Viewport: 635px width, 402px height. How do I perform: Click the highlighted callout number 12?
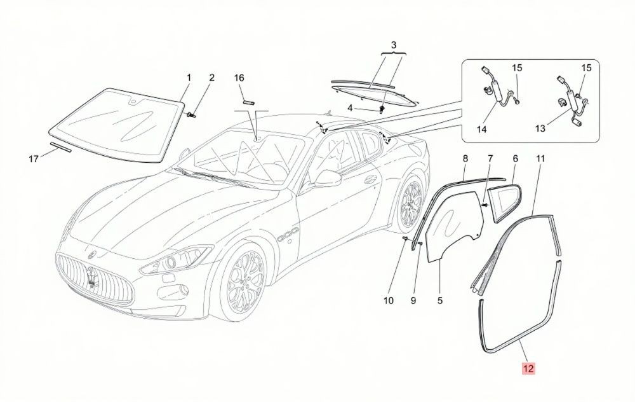[528, 369]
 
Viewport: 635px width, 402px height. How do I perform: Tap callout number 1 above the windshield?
[189, 77]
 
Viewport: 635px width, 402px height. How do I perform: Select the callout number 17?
[34, 159]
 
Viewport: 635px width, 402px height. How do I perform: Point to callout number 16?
[239, 78]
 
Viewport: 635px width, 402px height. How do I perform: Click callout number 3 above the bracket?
[394, 45]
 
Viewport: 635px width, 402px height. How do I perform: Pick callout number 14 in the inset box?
[481, 129]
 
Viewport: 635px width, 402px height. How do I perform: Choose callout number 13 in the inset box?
[540, 128]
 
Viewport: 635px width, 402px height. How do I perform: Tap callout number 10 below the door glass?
[389, 301]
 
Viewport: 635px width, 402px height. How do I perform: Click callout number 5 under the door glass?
[440, 301]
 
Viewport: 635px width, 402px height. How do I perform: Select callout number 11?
[540, 158]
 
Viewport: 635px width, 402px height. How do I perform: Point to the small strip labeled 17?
[61, 147]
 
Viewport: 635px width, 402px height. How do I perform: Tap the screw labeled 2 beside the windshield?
[192, 114]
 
